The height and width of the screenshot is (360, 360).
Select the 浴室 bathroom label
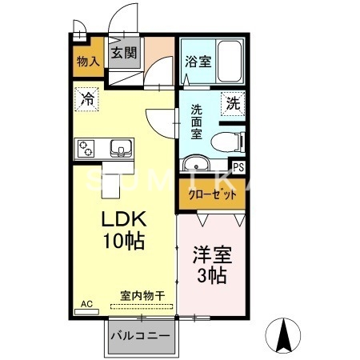pos(198,61)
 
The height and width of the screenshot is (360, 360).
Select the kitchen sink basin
pos(122,147)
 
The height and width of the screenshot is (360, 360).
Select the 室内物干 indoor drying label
pos(142,296)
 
